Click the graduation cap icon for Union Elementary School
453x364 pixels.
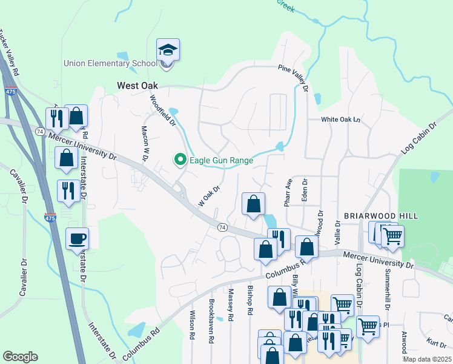168,49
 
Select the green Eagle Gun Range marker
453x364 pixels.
180,160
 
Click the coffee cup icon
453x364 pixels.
77,238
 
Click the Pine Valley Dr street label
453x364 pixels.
294,78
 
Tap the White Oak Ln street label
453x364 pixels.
340,120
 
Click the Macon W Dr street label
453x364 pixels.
145,144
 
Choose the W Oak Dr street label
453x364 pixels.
208,196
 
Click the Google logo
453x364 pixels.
20,356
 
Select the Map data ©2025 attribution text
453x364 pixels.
426,359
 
